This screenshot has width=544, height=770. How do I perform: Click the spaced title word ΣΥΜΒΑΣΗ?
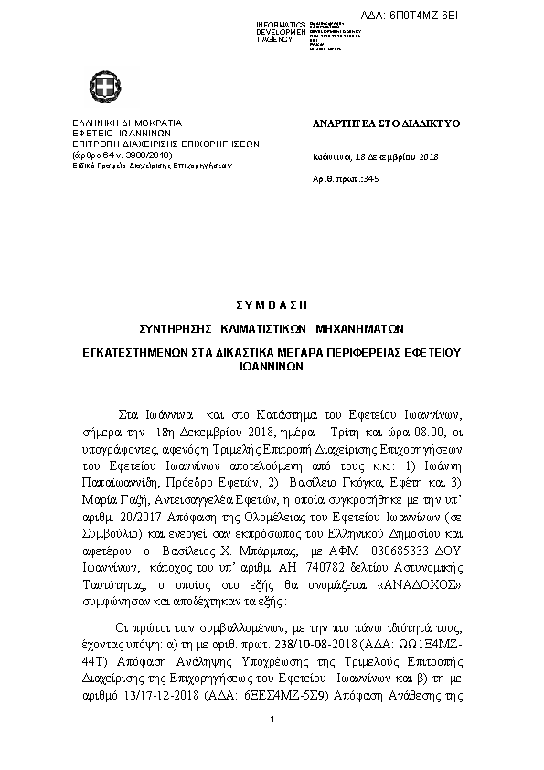point(271,305)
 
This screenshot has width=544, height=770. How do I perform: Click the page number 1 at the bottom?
point(272,747)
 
